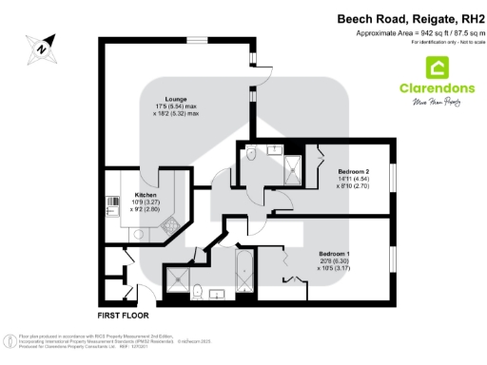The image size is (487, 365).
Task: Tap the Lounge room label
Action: click(x=175, y=98)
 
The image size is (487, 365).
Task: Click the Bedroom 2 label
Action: click(x=341, y=161)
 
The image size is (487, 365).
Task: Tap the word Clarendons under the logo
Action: click(x=437, y=89)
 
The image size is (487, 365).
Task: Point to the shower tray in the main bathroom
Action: click(x=176, y=278)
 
